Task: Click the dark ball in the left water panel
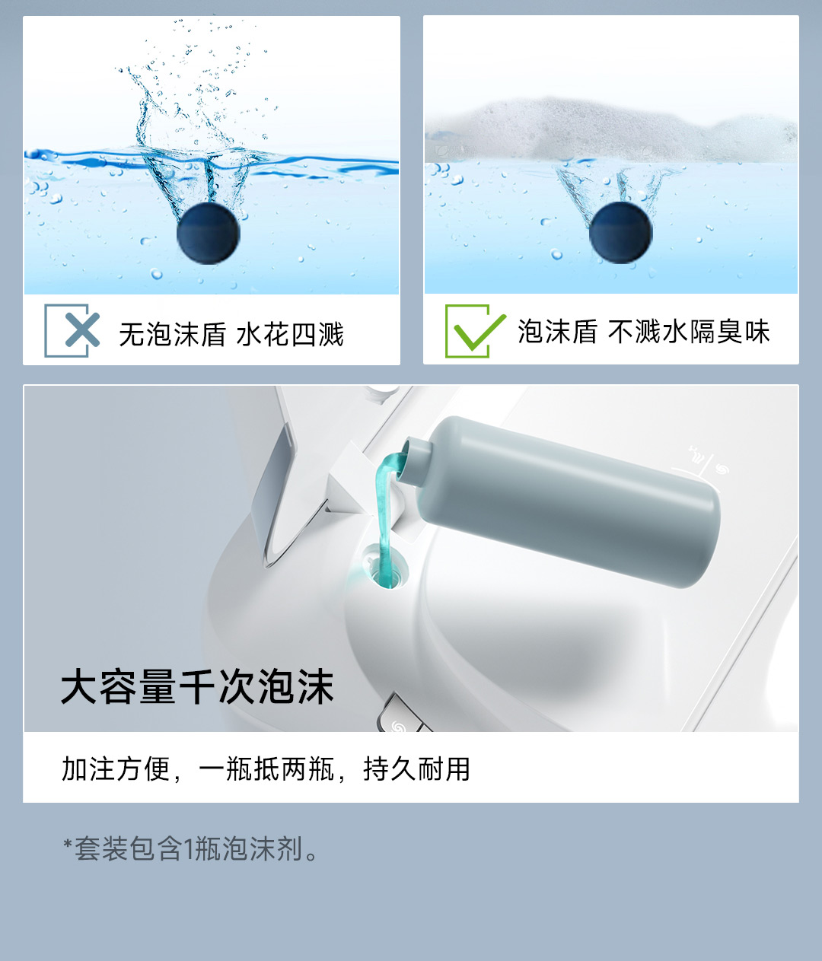pyautogui.click(x=209, y=234)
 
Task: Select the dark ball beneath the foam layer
pyautogui.click(x=620, y=233)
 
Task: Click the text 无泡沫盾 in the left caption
pyautogui.click(x=172, y=334)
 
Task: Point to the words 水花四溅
pyautogui.click(x=290, y=334)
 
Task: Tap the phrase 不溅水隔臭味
pyautogui.click(x=689, y=332)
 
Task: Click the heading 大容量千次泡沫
pyautogui.click(x=197, y=686)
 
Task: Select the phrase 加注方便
pyautogui.click(x=116, y=768)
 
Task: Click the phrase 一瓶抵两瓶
pyautogui.click(x=266, y=768)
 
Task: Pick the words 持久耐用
pyautogui.click(x=416, y=768)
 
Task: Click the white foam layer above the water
pyautogui.click(x=611, y=130)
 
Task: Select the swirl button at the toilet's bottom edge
pyautogui.click(x=397, y=719)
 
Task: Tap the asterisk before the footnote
pyautogui.click(x=68, y=843)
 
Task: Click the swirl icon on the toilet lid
pyautogui.click(x=722, y=469)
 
